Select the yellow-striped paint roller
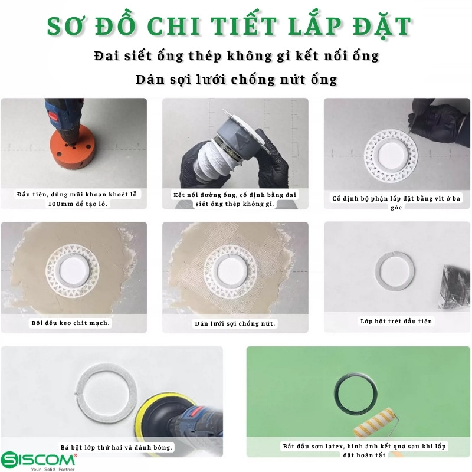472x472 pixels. click(375, 424)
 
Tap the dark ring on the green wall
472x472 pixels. click(356, 394)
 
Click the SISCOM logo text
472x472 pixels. click(38, 460)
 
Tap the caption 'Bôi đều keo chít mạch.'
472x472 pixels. click(71, 323)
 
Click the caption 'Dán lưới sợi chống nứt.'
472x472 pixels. click(235, 323)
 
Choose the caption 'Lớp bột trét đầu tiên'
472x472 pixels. click(396, 321)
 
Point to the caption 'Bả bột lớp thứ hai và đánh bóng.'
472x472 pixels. click(116, 447)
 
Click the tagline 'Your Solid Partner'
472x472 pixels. click(53, 469)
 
